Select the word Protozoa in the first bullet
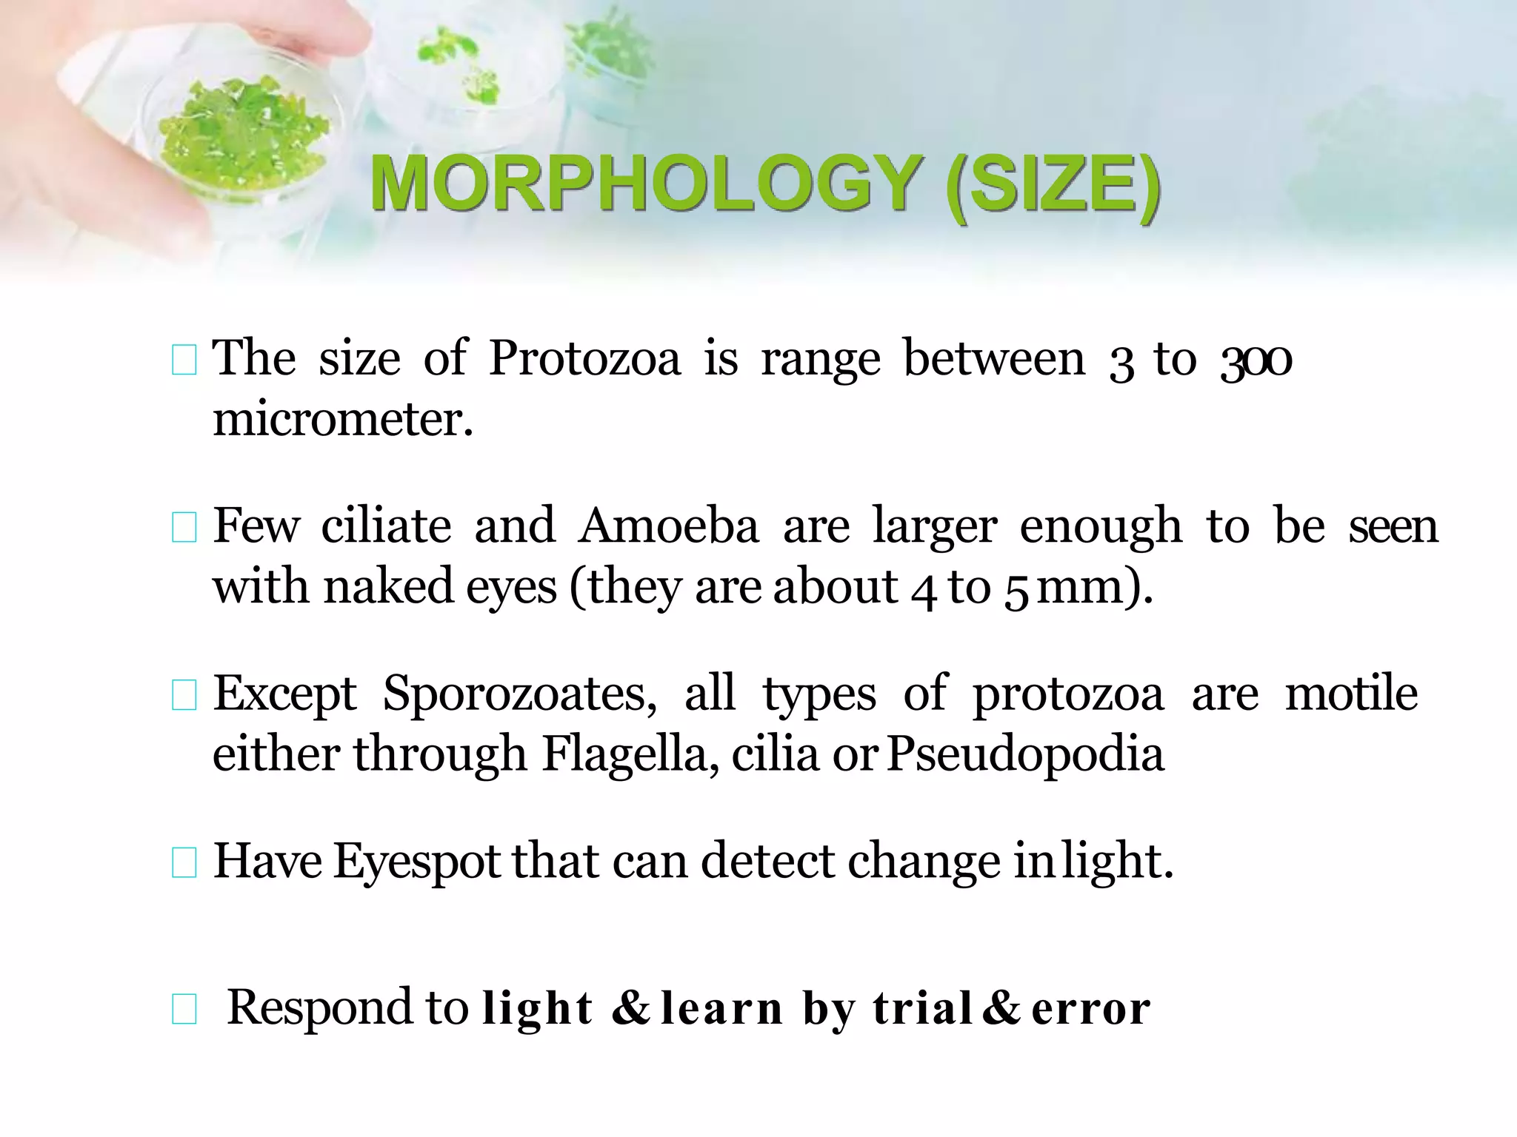[x=584, y=359]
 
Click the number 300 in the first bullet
[x=1256, y=360]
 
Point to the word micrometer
[x=342, y=420]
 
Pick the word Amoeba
[x=669, y=526]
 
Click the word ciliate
[x=386, y=526]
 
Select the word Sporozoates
[x=519, y=694]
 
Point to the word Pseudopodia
[x=1025, y=754]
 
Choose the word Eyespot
[x=417, y=862]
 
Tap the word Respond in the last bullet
[x=319, y=1007]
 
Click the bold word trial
[x=922, y=1007]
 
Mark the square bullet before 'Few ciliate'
[x=184, y=529]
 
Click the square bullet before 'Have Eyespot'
[x=184, y=863]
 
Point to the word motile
[x=1351, y=694]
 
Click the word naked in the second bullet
[x=388, y=587]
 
